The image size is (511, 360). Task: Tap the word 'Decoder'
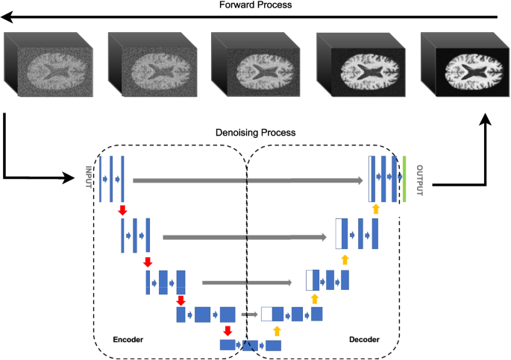coord(364,339)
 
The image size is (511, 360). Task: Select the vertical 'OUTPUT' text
coord(418,180)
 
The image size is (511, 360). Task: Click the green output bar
coord(404,179)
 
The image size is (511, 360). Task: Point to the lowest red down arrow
coord(227,330)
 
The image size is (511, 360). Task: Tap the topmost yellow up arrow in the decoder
coord(376,209)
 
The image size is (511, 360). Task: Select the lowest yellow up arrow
coord(277,329)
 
